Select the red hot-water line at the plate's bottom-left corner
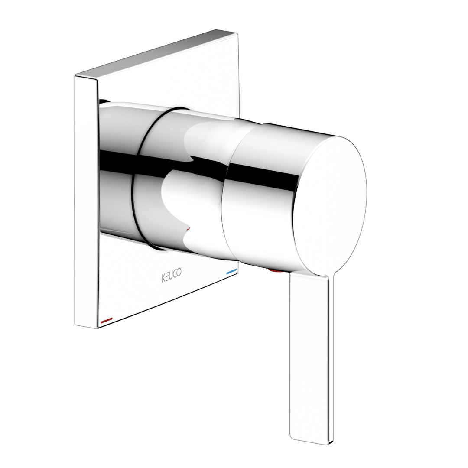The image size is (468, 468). coord(107,321)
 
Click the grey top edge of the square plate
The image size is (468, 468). coord(157,52)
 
